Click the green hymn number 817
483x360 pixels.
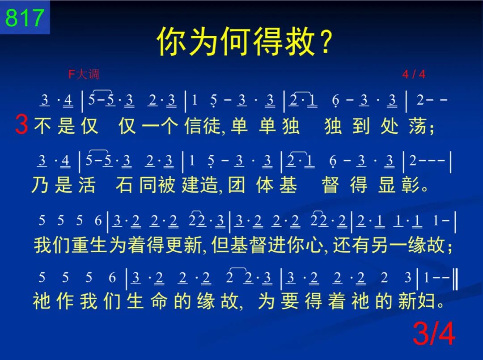coord(24,17)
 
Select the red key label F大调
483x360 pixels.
coord(84,74)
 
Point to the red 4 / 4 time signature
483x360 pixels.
coord(414,74)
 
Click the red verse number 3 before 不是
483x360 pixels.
coord(21,124)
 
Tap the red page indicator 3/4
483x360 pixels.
coord(434,333)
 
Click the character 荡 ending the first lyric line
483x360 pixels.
coord(417,126)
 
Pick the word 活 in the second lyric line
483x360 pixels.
coord(87,185)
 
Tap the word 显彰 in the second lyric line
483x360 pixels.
coord(398,185)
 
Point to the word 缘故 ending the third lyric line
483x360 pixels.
coord(426,245)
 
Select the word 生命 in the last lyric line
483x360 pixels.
coord(147,301)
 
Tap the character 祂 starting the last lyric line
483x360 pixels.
coord(42,301)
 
